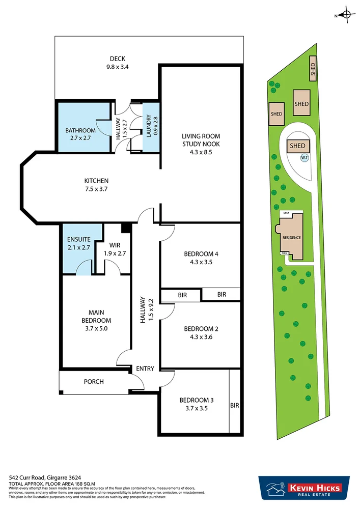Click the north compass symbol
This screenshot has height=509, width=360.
(347, 15)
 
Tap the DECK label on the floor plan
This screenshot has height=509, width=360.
(117, 59)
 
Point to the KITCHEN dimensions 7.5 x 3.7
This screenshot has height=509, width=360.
(97, 189)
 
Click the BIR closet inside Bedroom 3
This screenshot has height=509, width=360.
(234, 406)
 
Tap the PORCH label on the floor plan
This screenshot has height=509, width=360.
(94, 382)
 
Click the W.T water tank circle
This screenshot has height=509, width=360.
(304, 158)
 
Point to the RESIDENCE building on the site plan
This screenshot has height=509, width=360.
(291, 237)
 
